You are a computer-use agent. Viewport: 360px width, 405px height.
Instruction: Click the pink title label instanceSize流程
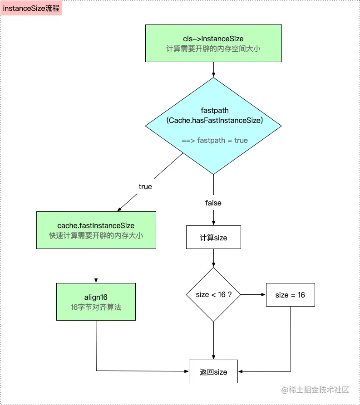coord(31,8)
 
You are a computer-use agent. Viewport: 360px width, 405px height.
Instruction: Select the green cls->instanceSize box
coord(213,43)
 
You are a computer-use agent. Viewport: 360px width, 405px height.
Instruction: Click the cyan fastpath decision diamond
coord(213,126)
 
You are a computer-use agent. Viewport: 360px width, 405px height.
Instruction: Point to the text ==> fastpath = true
coord(214,140)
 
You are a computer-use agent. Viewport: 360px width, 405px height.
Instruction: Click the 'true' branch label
coord(145,186)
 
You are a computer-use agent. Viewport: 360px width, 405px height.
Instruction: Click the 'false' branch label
coord(213,203)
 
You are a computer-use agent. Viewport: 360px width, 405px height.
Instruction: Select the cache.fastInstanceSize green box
coord(96,230)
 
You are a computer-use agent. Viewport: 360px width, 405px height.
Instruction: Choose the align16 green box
coord(96,302)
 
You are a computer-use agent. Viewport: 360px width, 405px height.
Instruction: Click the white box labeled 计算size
coord(213,238)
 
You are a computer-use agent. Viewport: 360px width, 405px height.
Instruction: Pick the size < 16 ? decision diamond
coord(213,295)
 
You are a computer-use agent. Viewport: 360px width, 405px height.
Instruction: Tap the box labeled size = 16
coord(290,295)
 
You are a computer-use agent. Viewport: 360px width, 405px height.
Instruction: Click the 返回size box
coord(213,372)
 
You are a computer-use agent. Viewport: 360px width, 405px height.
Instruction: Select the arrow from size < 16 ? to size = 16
coord(253,295)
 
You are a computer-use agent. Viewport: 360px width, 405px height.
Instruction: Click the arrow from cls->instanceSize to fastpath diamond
coord(213,69)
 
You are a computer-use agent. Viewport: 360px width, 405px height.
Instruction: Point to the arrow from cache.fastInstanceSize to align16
coord(96,266)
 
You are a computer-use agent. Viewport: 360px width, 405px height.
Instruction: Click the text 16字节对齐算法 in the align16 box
coord(96,307)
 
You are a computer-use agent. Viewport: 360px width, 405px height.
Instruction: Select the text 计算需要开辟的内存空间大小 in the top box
coord(213,49)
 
